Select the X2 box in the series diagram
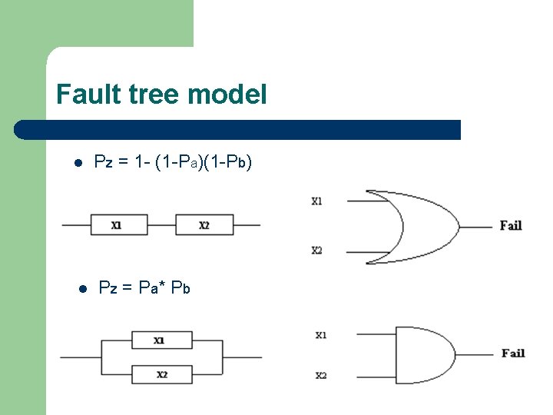pos(204,225)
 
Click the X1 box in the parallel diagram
pos(161,340)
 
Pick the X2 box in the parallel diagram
pos(161,374)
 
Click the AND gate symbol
pos(422,354)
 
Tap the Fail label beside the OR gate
pos(511,225)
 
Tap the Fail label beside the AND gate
pos(512,353)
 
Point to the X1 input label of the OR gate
pos(316,201)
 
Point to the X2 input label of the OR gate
pos(316,251)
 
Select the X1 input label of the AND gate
pos(321,335)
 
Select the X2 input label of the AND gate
pos(321,375)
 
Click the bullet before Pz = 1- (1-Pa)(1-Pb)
pos(78,163)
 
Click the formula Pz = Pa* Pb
pos(144,288)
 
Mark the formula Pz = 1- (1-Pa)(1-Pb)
pos(172,162)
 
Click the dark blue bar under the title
pos(238,129)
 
